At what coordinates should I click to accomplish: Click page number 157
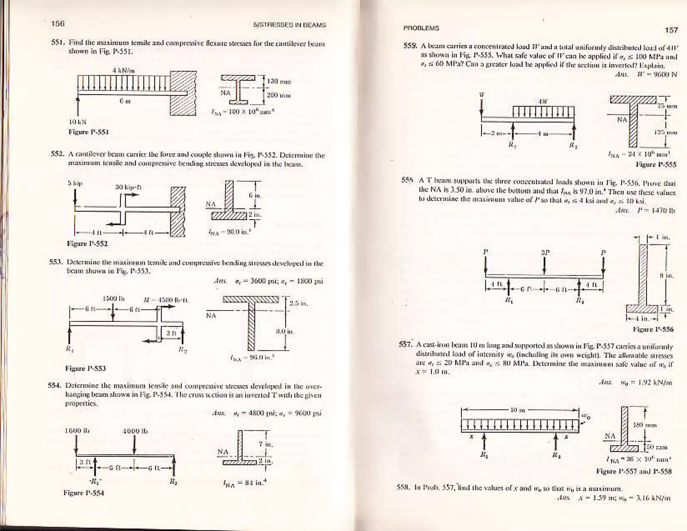click(671, 30)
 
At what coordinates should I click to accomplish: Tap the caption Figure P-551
click(88, 132)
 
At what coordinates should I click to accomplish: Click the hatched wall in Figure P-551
click(183, 93)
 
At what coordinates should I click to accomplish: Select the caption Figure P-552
click(87, 244)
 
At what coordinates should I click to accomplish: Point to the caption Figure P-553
click(86, 368)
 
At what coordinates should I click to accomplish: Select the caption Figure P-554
click(84, 493)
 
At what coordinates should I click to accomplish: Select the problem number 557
click(405, 344)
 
